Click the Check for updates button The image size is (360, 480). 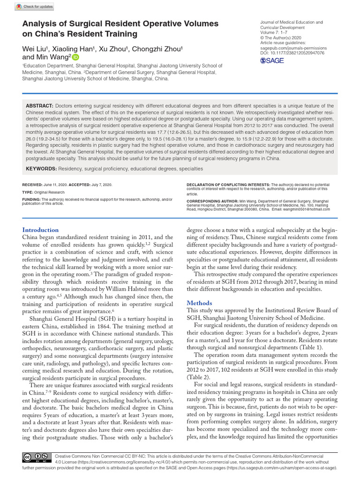point(35,7)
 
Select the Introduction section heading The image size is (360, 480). point(41,230)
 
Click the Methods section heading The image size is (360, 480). point(200,303)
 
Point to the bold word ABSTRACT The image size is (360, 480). point(40,106)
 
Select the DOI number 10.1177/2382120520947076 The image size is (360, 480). point(298,53)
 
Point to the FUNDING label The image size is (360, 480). point(31,199)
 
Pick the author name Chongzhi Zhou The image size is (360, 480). point(157,49)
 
